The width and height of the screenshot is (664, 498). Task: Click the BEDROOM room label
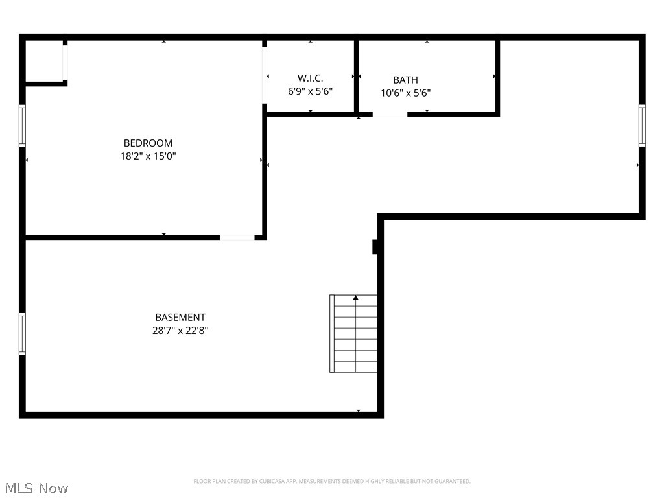tap(148, 143)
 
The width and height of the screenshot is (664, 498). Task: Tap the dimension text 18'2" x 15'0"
tap(148, 156)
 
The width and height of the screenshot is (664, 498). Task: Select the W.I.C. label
tap(310, 78)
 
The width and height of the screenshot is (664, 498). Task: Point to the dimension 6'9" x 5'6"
tap(310, 91)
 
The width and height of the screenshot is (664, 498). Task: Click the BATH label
tap(405, 80)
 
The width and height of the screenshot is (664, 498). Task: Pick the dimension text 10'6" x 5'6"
tap(405, 93)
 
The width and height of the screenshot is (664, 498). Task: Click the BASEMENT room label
tap(180, 317)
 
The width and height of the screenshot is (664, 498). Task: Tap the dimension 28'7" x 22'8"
tap(180, 330)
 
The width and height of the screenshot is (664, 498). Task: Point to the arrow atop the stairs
tap(355, 298)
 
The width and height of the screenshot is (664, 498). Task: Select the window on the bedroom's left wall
tap(22, 125)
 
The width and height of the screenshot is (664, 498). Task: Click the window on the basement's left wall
tap(22, 334)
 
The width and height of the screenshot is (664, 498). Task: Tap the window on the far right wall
tap(642, 125)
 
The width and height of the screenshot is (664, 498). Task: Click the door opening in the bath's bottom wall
tap(390, 115)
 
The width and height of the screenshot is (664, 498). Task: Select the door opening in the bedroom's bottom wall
tap(237, 237)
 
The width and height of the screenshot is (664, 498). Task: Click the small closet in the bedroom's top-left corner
tap(44, 62)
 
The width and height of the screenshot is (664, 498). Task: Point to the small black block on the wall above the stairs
tap(375, 247)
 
